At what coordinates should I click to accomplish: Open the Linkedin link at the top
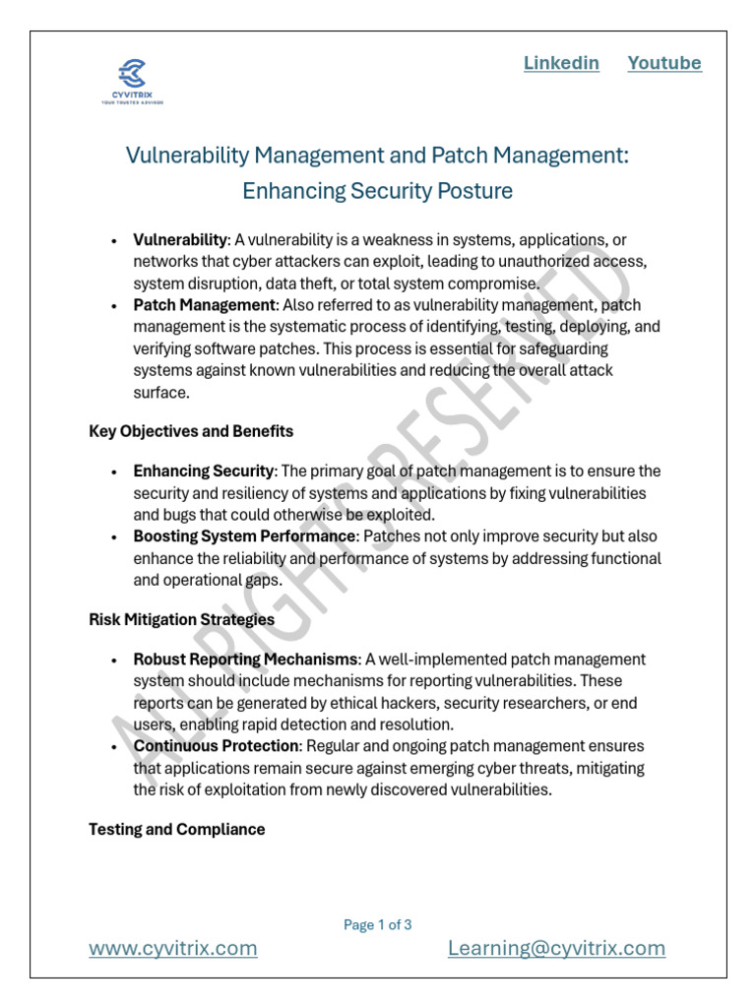[561, 63]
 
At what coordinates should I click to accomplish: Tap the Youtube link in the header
[664, 63]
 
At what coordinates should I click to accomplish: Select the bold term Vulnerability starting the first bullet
[180, 240]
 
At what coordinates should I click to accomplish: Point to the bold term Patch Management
[204, 305]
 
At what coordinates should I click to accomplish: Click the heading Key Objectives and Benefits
[191, 431]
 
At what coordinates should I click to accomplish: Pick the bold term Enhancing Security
[203, 472]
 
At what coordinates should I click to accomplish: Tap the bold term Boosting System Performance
[244, 536]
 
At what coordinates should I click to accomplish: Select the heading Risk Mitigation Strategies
[181, 620]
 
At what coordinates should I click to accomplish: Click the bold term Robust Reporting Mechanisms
[245, 660]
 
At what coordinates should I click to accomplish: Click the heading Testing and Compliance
[177, 830]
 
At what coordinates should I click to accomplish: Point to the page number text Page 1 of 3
[378, 924]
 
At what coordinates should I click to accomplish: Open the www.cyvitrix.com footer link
[173, 948]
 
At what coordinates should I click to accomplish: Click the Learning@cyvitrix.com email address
[556, 948]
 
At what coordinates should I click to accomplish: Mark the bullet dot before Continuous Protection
[115, 747]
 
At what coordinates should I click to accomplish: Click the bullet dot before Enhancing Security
[115, 472]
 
